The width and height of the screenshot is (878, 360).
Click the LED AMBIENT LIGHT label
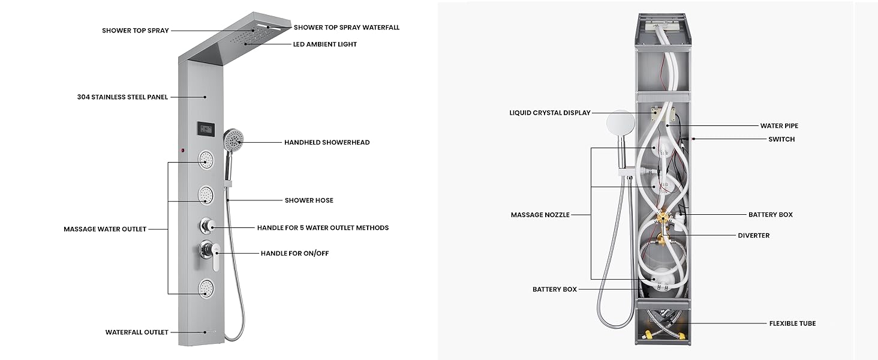click(324, 44)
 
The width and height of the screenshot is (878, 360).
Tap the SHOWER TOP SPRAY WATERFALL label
click(346, 28)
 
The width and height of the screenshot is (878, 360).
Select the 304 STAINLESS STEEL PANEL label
click(122, 97)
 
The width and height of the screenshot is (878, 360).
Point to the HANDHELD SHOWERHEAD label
click(327, 143)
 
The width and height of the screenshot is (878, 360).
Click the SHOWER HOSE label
click(309, 200)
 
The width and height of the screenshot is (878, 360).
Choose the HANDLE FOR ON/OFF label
click(294, 254)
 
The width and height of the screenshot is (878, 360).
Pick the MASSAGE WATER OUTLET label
click(105, 229)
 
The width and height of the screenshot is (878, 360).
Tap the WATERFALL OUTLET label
click(137, 332)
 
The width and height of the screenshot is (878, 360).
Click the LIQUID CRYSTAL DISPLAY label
click(550, 113)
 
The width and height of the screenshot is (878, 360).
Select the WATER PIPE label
click(779, 126)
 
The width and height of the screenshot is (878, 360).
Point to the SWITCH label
click(781, 139)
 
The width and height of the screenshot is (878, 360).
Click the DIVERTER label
click(753, 236)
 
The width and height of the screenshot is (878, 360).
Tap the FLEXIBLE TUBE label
click(792, 323)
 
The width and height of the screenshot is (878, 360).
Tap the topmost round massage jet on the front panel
click(206, 160)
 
